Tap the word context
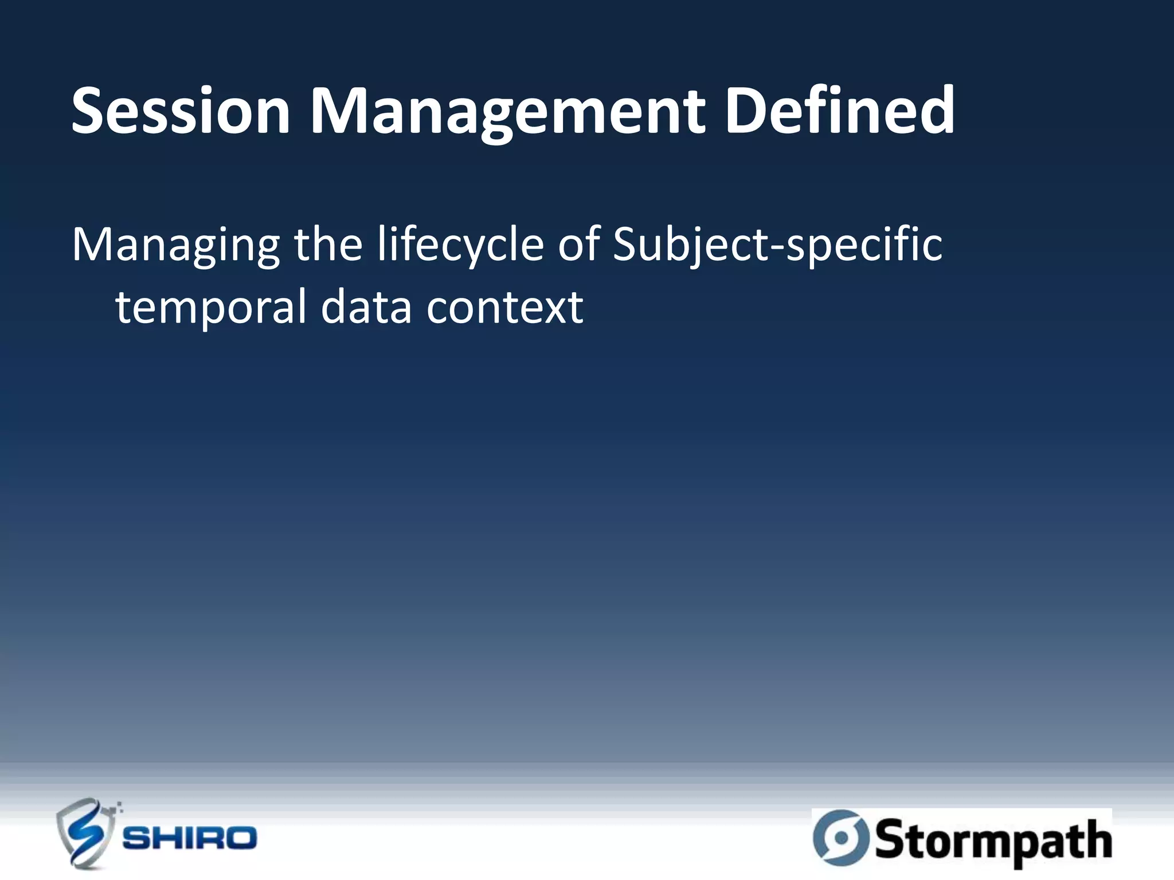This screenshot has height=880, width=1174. click(504, 308)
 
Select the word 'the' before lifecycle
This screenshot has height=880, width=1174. click(328, 245)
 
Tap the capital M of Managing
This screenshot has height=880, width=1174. click(94, 245)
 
